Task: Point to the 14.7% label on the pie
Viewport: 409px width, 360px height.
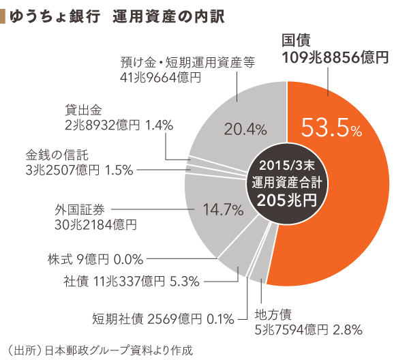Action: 224,209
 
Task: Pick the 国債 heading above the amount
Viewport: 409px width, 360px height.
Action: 297,40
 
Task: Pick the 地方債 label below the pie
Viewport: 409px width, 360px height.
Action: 273,314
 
